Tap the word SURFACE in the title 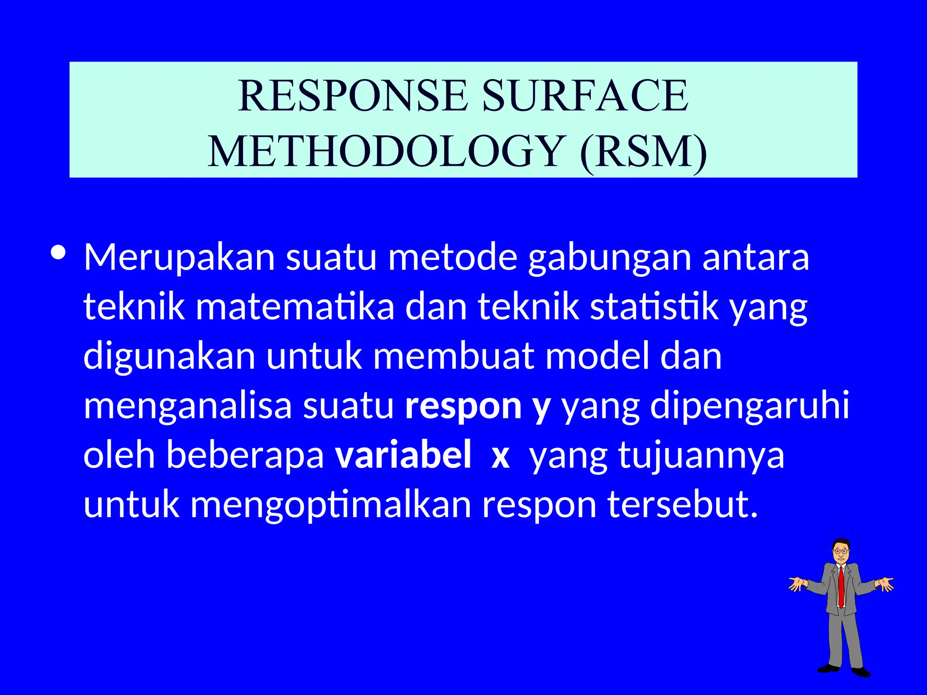click(585, 95)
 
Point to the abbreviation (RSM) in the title click(643, 151)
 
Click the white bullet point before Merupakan click(58, 252)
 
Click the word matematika click(295, 307)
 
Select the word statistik click(654, 307)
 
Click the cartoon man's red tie click(841, 586)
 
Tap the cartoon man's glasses click(841, 551)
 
